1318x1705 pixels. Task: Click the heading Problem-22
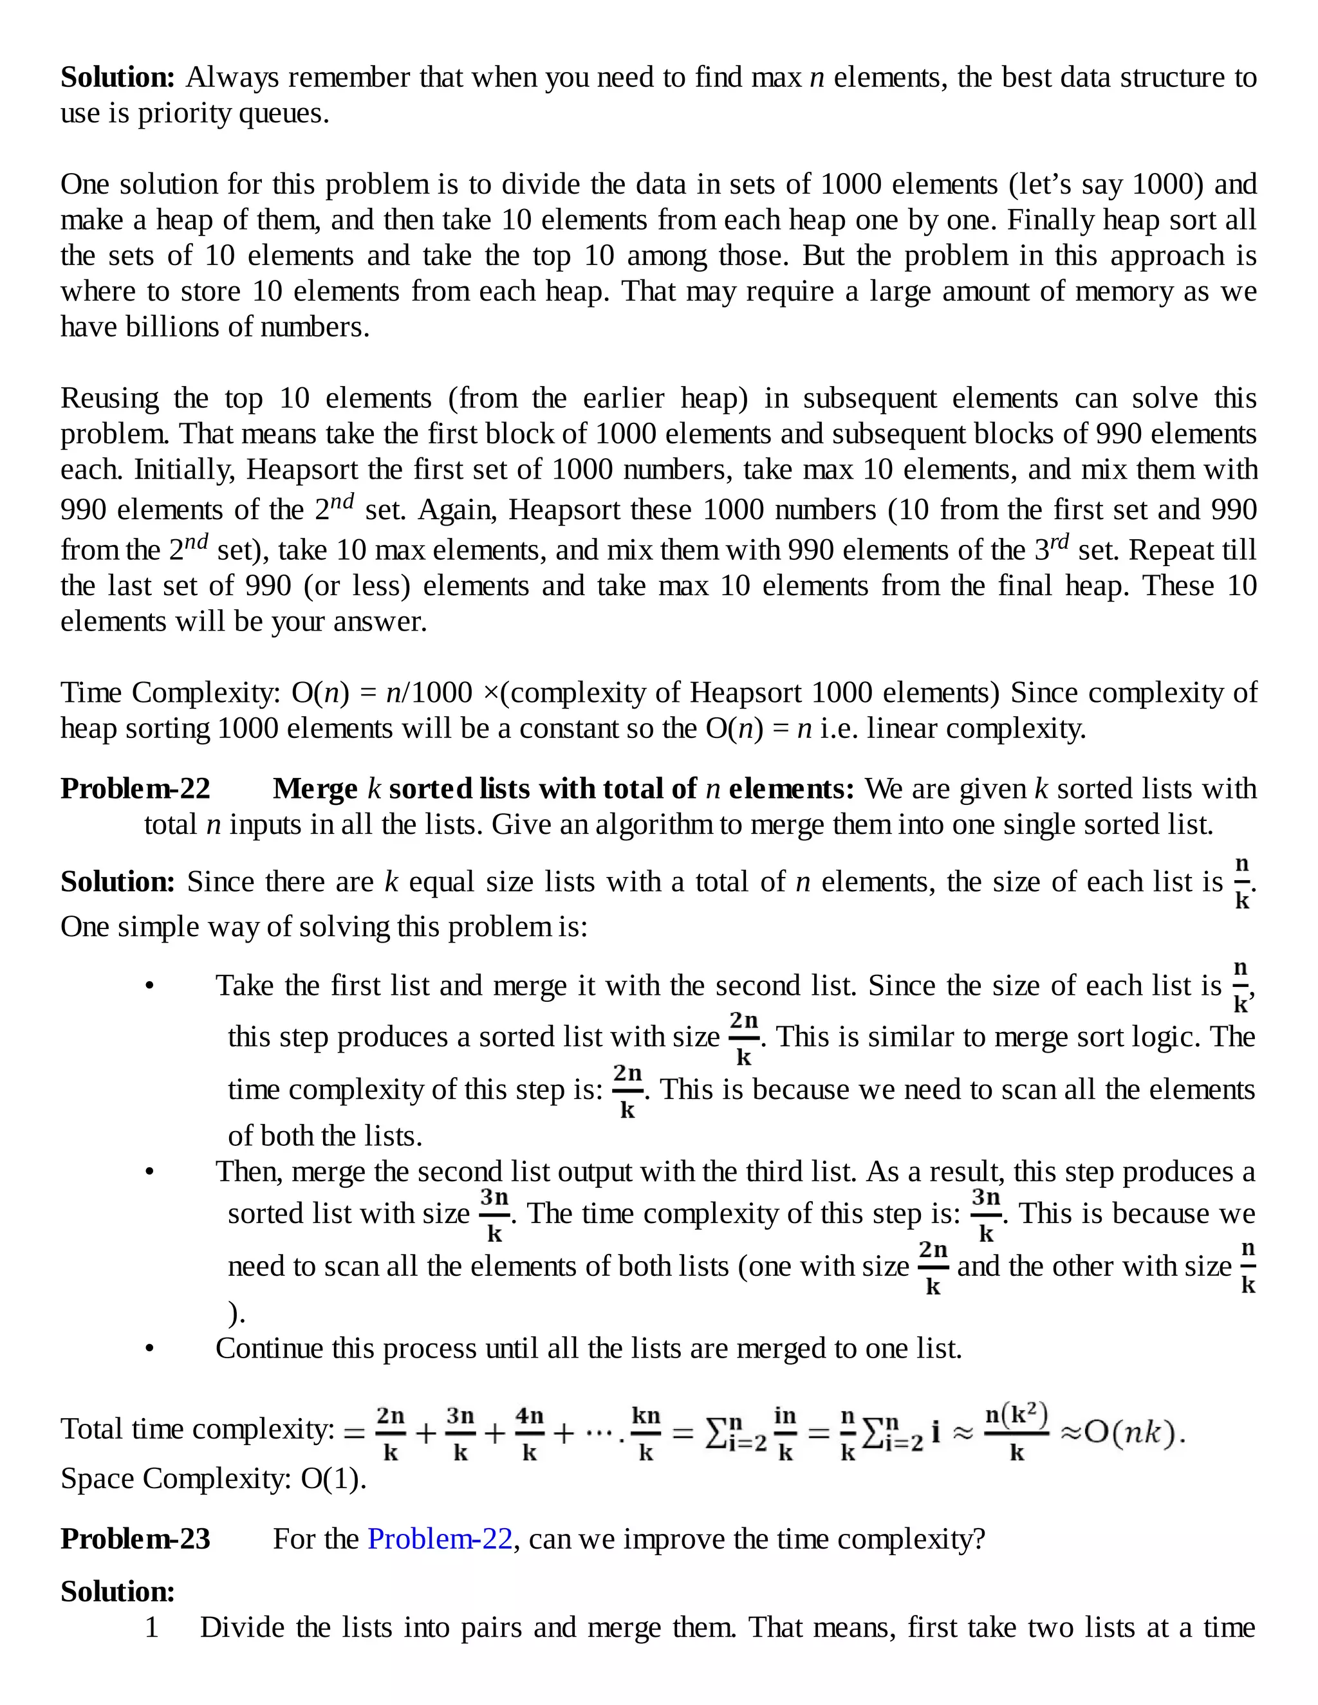(135, 789)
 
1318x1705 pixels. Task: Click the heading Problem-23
(135, 1539)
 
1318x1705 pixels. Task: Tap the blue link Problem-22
(440, 1539)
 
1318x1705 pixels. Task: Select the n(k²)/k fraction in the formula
(1016, 1431)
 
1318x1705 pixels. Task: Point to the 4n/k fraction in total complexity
(530, 1433)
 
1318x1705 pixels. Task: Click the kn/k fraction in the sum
(645, 1433)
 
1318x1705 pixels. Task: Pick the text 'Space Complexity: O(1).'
(213, 1479)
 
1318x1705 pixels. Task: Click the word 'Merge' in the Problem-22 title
(315, 789)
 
